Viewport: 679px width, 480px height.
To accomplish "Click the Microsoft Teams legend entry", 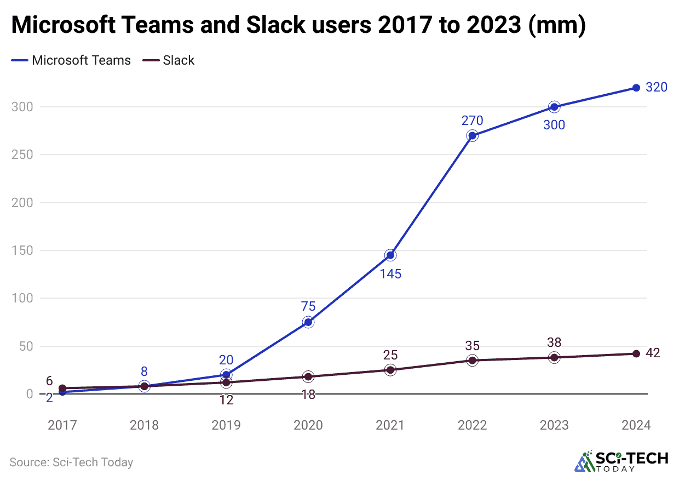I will [x=71, y=60].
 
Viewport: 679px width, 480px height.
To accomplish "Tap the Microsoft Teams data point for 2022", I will [x=472, y=135].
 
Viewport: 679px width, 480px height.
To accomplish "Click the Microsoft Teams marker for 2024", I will [x=636, y=88].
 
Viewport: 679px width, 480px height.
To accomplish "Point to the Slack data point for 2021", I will [x=390, y=370].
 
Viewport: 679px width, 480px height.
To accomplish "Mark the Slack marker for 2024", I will [x=636, y=353].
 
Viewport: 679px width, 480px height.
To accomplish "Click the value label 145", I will [x=390, y=273].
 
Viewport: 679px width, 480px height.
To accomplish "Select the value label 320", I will [x=657, y=87].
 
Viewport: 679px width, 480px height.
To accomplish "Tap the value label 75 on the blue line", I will [x=308, y=306].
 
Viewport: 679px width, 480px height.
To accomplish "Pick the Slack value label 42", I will [x=653, y=353].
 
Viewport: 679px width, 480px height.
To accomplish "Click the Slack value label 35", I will [x=472, y=345].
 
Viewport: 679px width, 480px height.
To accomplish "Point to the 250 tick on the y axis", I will [x=22, y=155].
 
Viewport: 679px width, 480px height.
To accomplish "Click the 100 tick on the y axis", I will [x=22, y=299].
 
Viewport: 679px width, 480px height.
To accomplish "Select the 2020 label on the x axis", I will [x=308, y=425].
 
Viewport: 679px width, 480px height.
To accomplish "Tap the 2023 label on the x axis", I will [x=554, y=425].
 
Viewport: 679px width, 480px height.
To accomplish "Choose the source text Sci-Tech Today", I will [x=71, y=462].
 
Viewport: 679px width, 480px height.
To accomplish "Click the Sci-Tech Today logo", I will [x=621, y=461].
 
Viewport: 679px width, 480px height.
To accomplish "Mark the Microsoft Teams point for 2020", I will [x=308, y=322].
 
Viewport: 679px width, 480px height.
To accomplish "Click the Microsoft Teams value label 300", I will [x=554, y=125].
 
